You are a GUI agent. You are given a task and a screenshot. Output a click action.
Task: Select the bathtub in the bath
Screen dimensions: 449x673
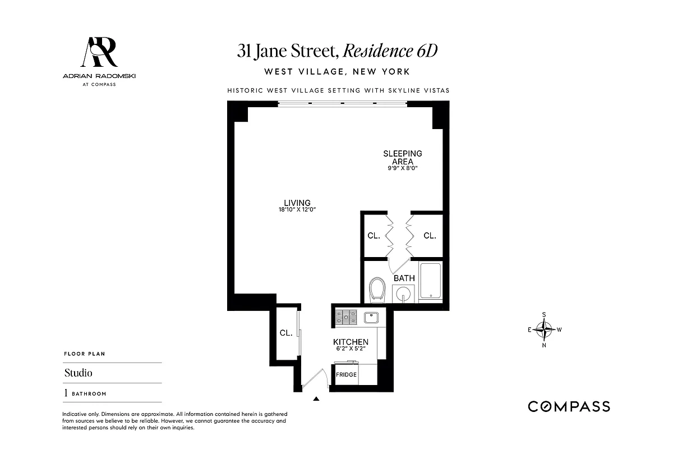430,281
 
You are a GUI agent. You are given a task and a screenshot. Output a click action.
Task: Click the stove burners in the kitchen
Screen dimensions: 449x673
346,318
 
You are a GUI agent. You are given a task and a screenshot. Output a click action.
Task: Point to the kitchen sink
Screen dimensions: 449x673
371,318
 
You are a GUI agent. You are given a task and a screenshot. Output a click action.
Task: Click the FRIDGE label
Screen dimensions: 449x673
346,374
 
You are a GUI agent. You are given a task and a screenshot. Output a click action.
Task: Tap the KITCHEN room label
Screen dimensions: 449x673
351,342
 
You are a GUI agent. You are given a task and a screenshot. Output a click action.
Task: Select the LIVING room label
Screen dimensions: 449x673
297,203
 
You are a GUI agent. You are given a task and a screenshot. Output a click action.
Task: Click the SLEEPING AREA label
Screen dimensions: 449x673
402,157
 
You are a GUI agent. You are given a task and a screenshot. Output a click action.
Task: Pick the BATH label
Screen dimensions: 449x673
404,278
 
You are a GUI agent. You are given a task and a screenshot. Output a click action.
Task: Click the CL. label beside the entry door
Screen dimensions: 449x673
286,333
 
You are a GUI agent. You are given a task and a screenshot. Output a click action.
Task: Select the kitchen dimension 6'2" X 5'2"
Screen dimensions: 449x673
351,349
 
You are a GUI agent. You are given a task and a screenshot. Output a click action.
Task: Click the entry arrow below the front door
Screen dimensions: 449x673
316,399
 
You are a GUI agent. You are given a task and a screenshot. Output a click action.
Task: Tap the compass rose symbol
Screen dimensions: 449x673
544,329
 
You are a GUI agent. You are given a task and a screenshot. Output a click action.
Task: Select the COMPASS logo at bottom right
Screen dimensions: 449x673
569,406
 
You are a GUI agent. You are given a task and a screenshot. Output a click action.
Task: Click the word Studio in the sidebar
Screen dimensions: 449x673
79,373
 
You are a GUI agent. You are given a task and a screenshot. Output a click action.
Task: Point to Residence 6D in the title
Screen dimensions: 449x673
390,51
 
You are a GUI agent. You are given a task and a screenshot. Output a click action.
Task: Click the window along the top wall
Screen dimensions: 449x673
342,103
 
